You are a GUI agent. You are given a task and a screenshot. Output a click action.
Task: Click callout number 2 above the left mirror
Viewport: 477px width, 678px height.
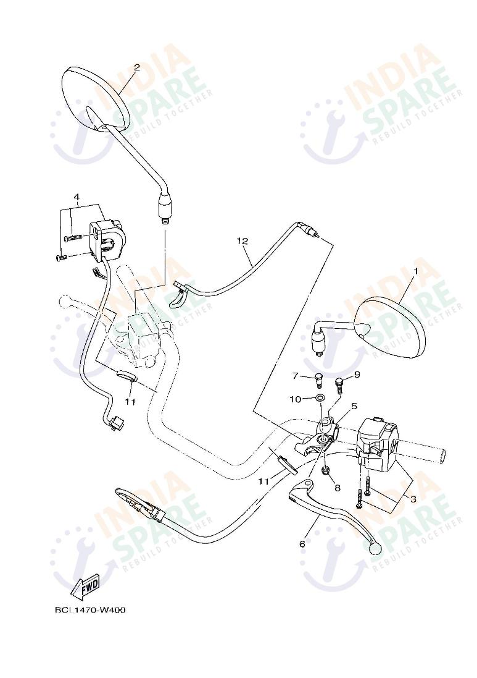pos(136,67)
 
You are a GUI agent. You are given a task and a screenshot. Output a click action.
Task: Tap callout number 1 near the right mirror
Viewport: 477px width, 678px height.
pos(416,271)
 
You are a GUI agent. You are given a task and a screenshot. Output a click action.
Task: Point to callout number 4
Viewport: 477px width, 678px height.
pos(77,197)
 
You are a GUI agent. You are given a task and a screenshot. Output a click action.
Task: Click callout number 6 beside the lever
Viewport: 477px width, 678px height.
pos(354,406)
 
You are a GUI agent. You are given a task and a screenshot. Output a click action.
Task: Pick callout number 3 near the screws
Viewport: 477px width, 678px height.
pos(302,544)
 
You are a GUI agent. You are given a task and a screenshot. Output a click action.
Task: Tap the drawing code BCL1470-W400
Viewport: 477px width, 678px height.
pos(90,610)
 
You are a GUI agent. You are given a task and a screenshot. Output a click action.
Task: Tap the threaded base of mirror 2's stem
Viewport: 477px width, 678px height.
pos(165,216)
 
